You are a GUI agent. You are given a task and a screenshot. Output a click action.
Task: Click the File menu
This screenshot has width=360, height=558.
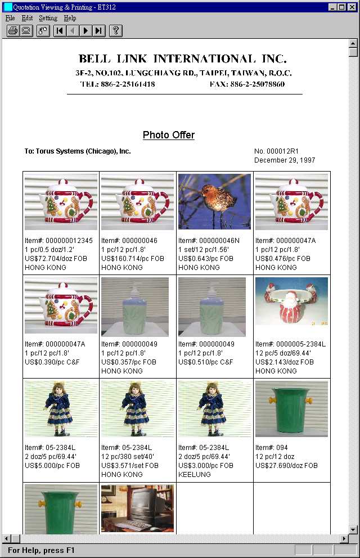coord(10,18)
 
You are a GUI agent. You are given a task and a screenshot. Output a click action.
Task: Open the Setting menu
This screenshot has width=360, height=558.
coord(48,18)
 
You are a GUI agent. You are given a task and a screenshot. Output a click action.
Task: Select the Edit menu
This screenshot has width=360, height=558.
coord(27,18)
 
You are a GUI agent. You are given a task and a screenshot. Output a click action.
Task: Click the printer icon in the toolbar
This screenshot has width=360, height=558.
coord(13,30)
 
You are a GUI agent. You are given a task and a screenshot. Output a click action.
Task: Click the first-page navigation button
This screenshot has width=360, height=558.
coord(60,30)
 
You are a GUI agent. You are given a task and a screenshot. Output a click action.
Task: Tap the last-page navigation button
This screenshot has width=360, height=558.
coord(99,30)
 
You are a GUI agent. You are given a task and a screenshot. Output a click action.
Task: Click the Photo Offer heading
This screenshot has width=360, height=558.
coord(168,135)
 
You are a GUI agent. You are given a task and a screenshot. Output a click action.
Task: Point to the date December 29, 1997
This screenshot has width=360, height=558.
coord(285,160)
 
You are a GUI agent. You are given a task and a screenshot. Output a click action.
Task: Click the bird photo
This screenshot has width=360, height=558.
coord(214,201)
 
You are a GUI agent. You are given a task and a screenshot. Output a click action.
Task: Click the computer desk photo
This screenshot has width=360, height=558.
coord(137,508)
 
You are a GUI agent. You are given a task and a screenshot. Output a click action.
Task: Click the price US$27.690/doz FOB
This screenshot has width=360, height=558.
coord(286,466)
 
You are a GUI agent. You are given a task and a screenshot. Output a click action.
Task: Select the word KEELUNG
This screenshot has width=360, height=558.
coord(195,475)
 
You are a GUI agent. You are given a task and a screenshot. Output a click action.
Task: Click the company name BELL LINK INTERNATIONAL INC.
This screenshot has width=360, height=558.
coord(183,59)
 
